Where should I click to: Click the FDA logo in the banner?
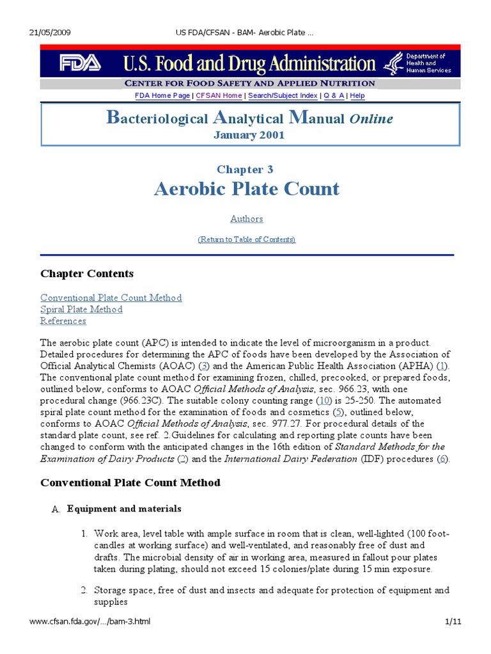(x=80, y=63)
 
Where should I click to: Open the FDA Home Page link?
(x=162, y=95)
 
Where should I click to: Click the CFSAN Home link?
(x=219, y=95)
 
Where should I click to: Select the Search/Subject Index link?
(x=283, y=95)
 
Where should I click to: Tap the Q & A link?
(x=334, y=95)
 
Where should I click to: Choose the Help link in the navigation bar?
(x=357, y=95)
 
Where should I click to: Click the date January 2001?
(x=249, y=135)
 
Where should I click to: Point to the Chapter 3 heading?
(x=245, y=169)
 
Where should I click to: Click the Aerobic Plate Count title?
(x=247, y=189)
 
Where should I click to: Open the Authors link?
(x=246, y=218)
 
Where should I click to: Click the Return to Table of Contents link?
(x=246, y=239)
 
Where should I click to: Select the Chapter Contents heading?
(x=87, y=273)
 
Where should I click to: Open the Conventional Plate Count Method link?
(x=111, y=298)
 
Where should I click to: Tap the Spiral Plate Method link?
(x=81, y=309)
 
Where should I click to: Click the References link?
(x=63, y=321)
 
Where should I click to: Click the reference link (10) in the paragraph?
(x=324, y=400)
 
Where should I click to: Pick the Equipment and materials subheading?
(x=124, y=509)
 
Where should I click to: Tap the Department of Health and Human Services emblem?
(x=392, y=63)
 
